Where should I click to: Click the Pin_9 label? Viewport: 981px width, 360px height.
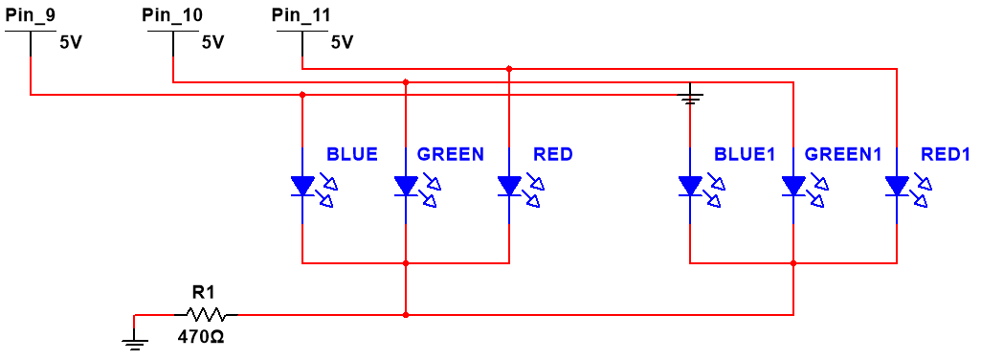click(x=31, y=15)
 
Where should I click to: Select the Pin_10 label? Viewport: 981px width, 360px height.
click(x=171, y=15)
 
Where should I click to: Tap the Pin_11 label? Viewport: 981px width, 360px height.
click(x=302, y=15)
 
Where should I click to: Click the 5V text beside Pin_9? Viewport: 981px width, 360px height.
click(x=72, y=43)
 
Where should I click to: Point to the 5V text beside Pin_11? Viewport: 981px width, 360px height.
click(x=342, y=43)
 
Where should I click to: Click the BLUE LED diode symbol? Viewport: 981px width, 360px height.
click(x=302, y=186)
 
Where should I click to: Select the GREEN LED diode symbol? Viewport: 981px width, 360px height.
click(x=406, y=186)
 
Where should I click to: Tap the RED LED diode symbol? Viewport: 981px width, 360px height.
click(x=509, y=186)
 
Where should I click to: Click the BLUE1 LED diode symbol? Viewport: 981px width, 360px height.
click(x=690, y=186)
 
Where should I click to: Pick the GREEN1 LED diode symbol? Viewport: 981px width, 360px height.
click(x=793, y=186)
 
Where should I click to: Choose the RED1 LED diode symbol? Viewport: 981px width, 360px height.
click(x=897, y=186)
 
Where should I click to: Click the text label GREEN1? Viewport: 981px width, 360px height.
click(x=842, y=154)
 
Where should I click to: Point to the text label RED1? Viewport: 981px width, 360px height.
click(x=946, y=154)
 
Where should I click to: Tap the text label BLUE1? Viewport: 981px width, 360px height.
click(x=744, y=154)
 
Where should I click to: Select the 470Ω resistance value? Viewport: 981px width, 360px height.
click(x=201, y=337)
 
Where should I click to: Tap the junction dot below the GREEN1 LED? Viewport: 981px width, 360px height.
click(x=793, y=262)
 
